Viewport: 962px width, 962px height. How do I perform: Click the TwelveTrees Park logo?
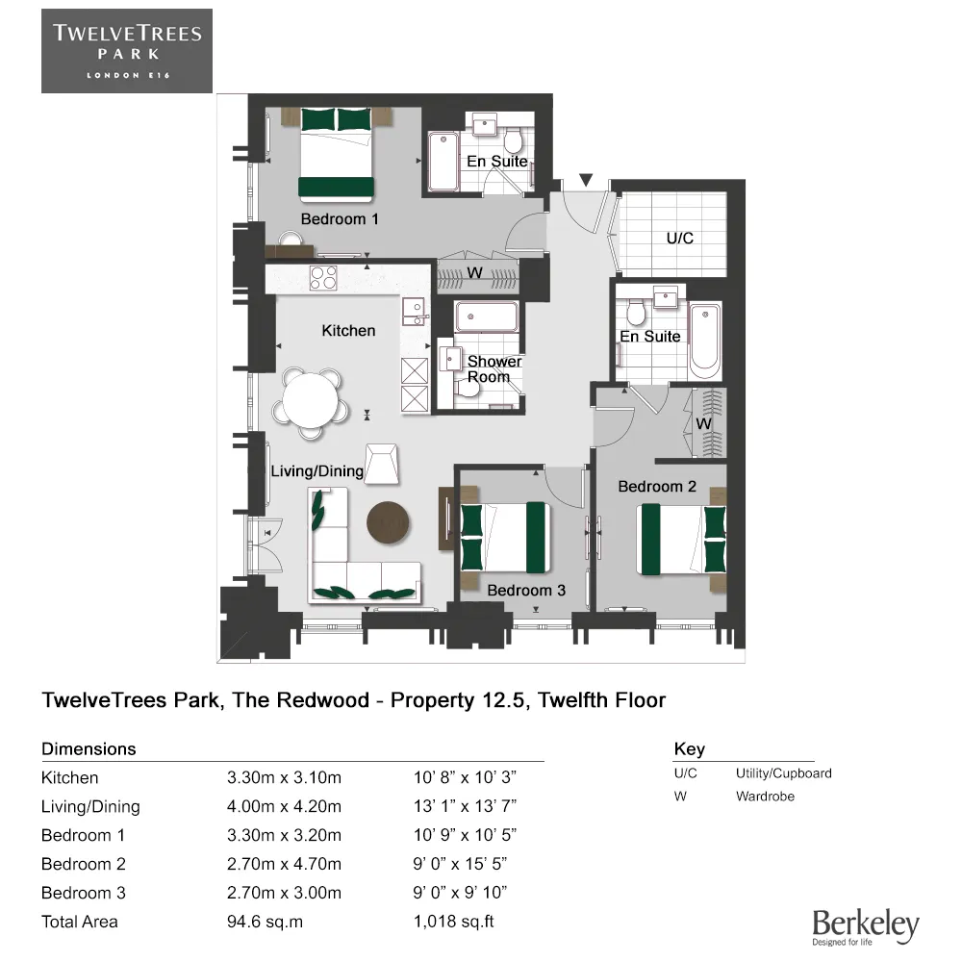(126, 50)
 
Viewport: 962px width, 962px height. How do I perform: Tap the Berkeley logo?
(865, 925)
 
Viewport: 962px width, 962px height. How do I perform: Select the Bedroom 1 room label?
(340, 219)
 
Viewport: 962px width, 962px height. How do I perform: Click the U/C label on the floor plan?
(679, 238)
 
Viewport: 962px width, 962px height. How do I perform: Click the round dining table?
(311, 402)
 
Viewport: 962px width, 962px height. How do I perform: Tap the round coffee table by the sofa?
(389, 522)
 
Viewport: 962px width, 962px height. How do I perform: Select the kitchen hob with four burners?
(323, 278)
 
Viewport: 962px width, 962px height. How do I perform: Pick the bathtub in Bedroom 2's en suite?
(705, 340)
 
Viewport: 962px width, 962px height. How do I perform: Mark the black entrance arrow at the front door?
(586, 180)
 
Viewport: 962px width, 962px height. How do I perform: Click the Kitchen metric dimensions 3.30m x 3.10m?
(284, 777)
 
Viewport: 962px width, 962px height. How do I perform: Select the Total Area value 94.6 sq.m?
(266, 922)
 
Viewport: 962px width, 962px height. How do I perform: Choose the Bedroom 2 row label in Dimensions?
(84, 864)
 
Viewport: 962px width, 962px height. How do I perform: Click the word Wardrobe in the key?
(765, 797)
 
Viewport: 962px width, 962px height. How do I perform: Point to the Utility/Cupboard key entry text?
(783, 773)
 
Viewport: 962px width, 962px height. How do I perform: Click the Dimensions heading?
(89, 749)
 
